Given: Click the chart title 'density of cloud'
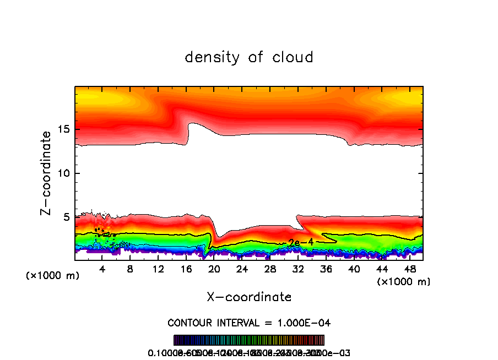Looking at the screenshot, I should (249, 57).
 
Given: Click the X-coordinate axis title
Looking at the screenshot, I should (249, 297).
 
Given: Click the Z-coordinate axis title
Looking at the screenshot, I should (47, 173).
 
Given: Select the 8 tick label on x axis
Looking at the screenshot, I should (130, 269).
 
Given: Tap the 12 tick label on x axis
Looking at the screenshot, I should (158, 269).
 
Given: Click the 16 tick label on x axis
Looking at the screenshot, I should (186, 269).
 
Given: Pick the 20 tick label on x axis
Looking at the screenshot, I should (214, 269).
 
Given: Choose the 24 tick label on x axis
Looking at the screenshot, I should (242, 269).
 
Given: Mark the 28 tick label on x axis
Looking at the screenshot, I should (270, 269).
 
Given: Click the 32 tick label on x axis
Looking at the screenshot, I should (298, 269).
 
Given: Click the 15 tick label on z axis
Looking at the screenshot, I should (63, 129).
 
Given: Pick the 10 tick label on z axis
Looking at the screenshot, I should (63, 173).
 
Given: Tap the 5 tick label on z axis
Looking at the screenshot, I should (66, 217).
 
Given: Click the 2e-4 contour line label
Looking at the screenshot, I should (301, 242).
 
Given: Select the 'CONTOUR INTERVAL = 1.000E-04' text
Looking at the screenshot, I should (249, 323).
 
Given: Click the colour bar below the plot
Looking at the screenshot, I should (249, 340).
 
